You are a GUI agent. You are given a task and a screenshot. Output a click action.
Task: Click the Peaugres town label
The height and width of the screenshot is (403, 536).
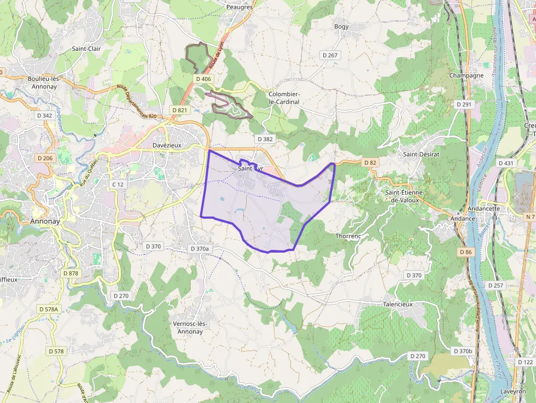tap(240, 7)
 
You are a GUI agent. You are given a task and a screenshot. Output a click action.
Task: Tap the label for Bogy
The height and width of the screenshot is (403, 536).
tap(341, 26)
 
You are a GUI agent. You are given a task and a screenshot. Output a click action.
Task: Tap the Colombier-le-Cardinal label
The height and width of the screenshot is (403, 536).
tap(284, 98)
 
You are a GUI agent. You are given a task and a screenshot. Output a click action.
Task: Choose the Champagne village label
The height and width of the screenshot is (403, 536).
tap(467, 75)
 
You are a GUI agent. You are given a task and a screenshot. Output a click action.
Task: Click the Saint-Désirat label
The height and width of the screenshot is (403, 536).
tap(421, 154)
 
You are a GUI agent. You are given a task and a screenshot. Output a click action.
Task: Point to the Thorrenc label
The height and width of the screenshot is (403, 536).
tap(348, 236)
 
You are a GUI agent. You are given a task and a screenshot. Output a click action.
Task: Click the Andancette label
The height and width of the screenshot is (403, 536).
tap(484, 209)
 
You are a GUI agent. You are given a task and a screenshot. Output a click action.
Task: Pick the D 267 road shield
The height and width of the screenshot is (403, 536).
tap(330, 55)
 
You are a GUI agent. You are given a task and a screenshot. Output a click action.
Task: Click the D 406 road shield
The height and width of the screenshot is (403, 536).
tap(203, 79)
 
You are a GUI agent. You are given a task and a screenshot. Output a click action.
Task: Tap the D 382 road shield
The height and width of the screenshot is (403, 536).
tap(264, 139)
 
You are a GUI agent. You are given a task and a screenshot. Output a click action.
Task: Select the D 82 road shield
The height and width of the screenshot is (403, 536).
tap(370, 162)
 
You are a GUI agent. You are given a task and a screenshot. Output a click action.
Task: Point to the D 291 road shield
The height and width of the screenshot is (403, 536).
tap(463, 104)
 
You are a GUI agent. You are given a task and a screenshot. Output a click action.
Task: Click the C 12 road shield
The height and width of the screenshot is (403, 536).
tap(118, 184)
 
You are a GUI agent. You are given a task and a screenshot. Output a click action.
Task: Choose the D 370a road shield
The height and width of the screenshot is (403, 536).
tap(199, 249)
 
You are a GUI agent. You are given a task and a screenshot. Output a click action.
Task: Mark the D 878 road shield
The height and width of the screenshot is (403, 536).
tap(71, 273)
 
